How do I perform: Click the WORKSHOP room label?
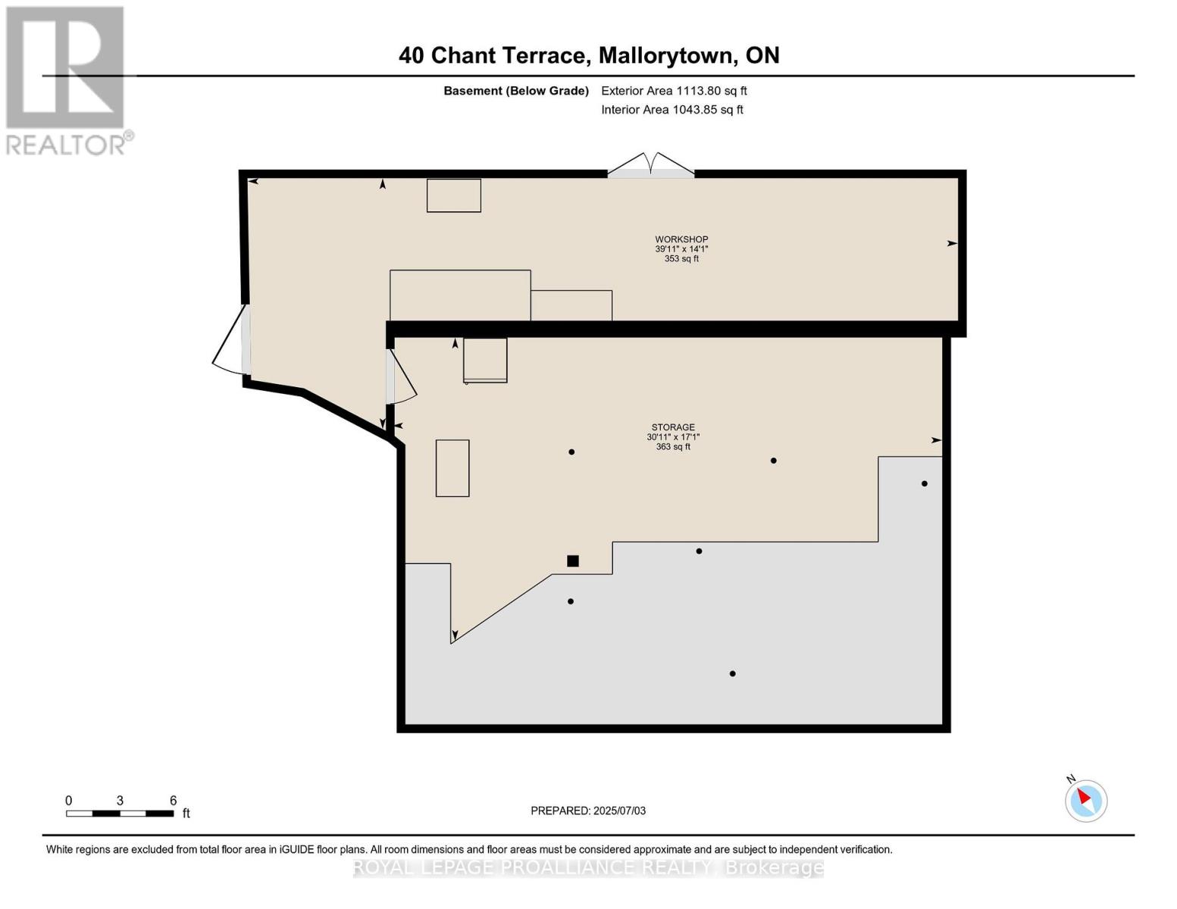click(x=681, y=239)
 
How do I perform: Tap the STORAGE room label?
click(x=673, y=427)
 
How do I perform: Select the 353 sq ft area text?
click(x=681, y=259)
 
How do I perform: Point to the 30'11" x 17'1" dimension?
click(x=673, y=437)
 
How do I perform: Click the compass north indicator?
click(x=1086, y=800)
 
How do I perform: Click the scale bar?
click(x=120, y=814)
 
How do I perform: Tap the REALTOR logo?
click(x=66, y=80)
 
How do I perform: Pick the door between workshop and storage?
click(x=400, y=376)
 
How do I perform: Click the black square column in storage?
click(x=573, y=561)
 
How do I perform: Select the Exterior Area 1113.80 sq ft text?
click(x=674, y=91)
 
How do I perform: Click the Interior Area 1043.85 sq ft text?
click(x=672, y=110)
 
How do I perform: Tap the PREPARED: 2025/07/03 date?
click(x=588, y=811)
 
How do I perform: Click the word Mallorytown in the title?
click(x=667, y=55)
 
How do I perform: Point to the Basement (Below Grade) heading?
click(x=516, y=91)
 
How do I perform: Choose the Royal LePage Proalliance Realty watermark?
click(x=588, y=867)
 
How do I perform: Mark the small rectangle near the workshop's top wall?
click(x=454, y=195)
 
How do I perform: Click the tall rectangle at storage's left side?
click(x=452, y=468)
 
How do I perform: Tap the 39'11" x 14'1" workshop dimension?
click(x=681, y=249)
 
